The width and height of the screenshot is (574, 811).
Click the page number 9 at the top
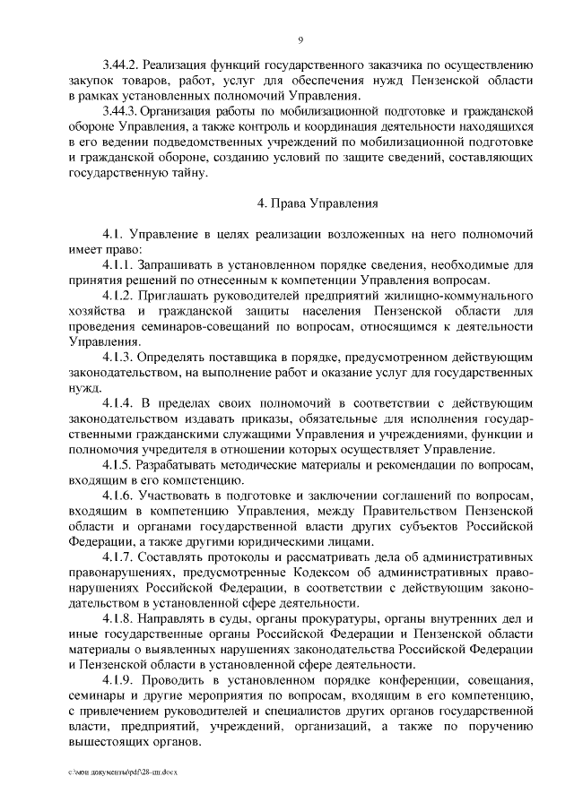(300, 39)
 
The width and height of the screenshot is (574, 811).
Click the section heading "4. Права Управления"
(317, 203)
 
